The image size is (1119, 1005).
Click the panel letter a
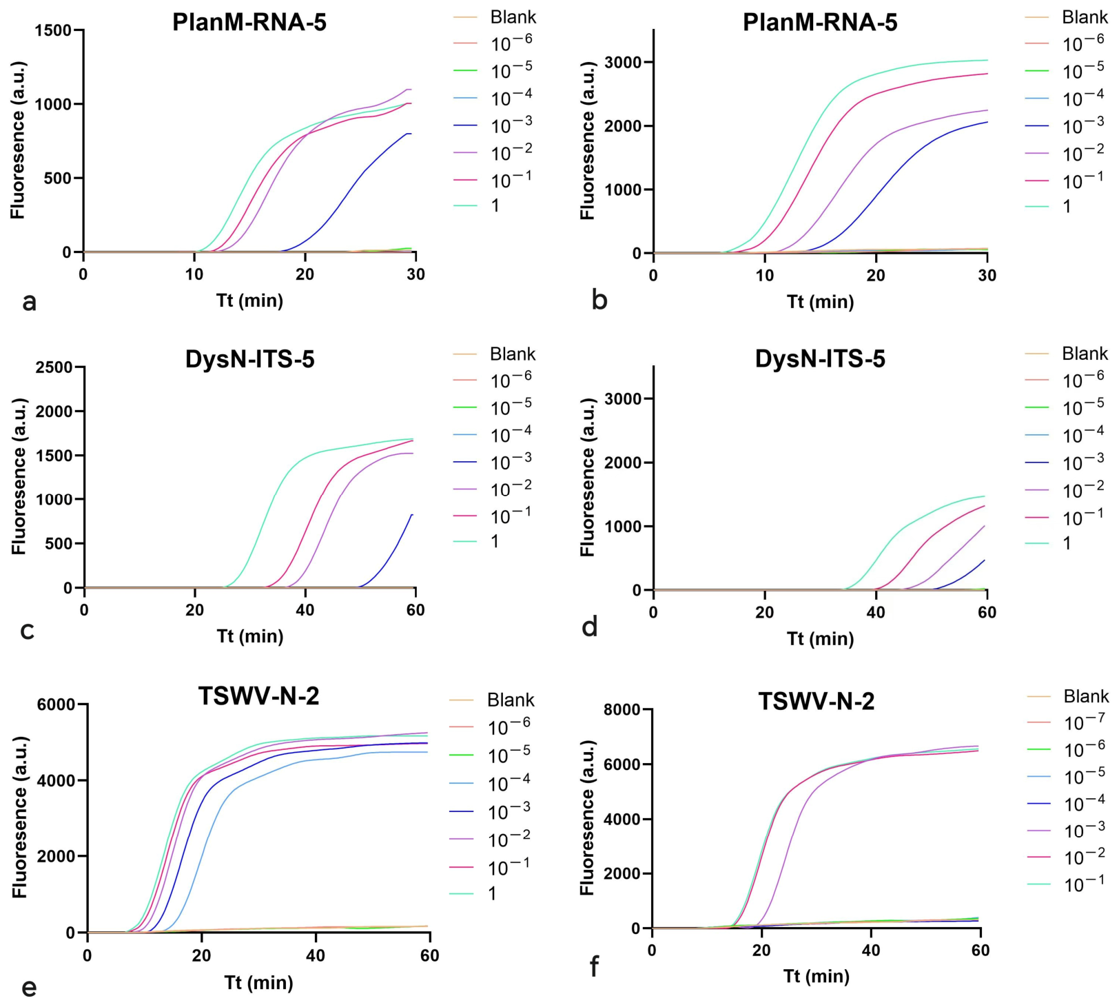[x=29, y=302]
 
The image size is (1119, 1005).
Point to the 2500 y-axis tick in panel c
[x=54, y=367]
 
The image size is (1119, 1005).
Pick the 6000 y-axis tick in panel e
[x=57, y=704]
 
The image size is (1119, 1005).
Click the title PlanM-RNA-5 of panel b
[x=820, y=23]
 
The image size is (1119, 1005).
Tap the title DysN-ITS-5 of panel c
[x=249, y=359]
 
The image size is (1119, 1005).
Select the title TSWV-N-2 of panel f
[x=817, y=701]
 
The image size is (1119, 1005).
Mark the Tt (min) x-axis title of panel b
[x=820, y=302]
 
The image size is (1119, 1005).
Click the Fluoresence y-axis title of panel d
[x=587, y=477]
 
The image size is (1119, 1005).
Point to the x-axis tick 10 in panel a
[x=194, y=274]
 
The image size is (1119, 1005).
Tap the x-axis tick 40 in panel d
[x=876, y=612]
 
